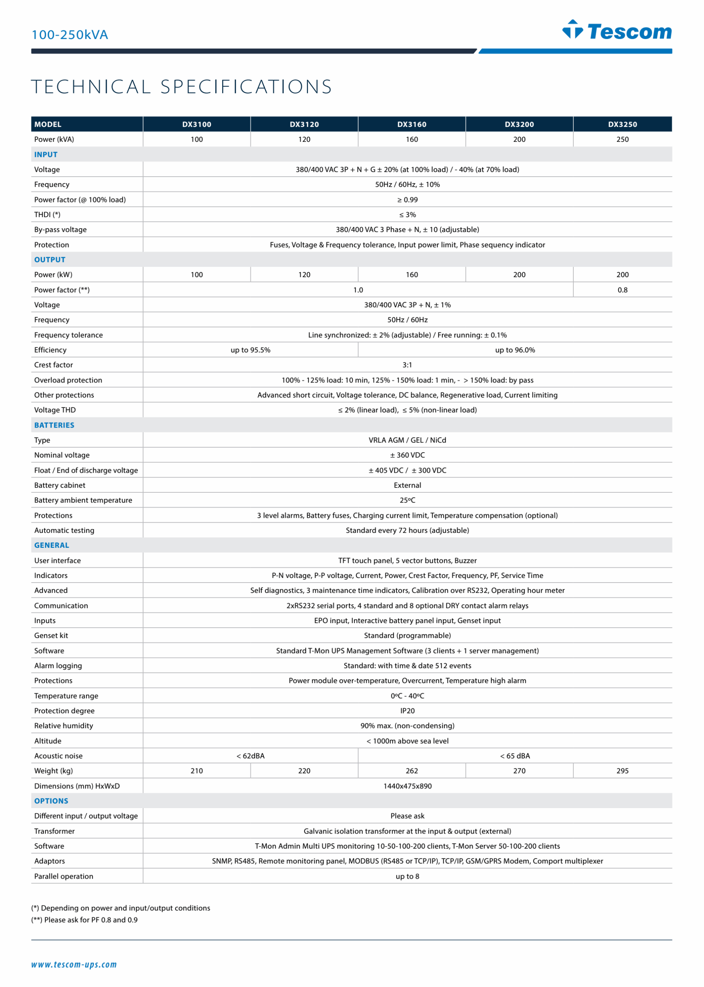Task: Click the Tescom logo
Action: (x=617, y=30)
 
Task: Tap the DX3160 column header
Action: (x=411, y=125)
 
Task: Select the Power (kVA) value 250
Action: (x=622, y=139)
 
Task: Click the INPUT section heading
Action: (x=45, y=155)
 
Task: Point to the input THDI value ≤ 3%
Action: (x=407, y=215)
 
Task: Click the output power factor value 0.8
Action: (x=622, y=290)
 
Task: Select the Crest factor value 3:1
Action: (x=407, y=365)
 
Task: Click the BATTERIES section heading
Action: (x=54, y=425)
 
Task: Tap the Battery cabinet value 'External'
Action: (x=407, y=485)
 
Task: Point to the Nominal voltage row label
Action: (x=62, y=455)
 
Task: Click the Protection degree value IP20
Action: (x=407, y=711)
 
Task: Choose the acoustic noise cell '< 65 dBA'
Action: (x=515, y=756)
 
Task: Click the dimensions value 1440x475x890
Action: (x=407, y=786)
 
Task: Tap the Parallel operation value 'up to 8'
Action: (x=407, y=876)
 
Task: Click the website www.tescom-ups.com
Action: (x=74, y=964)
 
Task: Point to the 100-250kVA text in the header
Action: (x=70, y=35)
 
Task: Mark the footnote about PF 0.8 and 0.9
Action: (x=84, y=920)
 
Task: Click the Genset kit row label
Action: (x=51, y=636)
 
